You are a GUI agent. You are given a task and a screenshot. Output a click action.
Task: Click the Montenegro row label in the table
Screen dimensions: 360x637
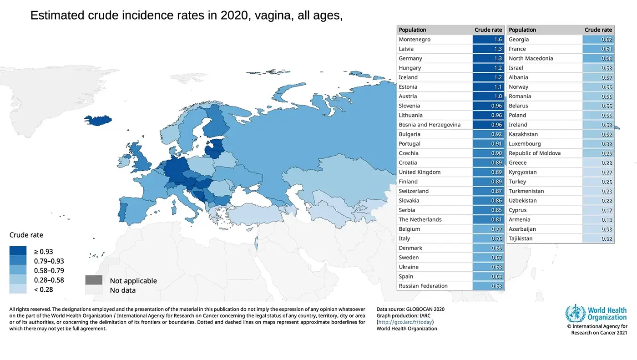[x=415, y=40]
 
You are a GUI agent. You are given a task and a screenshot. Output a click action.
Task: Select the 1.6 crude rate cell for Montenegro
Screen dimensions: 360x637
[x=488, y=40]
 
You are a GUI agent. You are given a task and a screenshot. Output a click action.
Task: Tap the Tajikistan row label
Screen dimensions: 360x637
[x=521, y=238]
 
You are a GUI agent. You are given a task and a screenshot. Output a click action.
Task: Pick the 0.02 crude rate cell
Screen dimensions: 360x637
[x=598, y=238]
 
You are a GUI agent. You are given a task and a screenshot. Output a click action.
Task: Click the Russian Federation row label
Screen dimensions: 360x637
[x=423, y=286]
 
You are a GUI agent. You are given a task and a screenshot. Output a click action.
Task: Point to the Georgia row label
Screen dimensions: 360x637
[x=519, y=40]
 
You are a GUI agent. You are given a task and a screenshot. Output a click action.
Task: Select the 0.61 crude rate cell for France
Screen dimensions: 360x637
[x=598, y=49]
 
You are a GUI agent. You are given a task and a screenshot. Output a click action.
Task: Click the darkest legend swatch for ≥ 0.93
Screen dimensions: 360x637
[x=18, y=251]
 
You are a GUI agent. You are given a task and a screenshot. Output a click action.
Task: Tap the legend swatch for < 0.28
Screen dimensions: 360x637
[x=18, y=289]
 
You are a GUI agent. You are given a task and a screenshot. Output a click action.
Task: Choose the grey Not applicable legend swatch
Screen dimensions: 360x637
[x=93, y=280]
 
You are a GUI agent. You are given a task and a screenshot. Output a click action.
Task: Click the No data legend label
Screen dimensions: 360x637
[x=123, y=290]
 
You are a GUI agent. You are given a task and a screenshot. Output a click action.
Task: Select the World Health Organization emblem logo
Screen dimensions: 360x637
[x=575, y=314]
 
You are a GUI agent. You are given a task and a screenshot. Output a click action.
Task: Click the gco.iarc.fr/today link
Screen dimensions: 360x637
[x=405, y=322]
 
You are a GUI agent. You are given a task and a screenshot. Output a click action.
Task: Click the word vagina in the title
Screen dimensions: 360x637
[x=274, y=15]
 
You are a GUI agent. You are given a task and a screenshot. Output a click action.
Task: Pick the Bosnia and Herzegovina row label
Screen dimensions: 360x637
[x=430, y=125]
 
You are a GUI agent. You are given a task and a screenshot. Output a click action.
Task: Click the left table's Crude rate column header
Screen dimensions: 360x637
[x=488, y=30]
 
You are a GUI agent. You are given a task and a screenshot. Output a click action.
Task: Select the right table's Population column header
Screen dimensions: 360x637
[x=522, y=30]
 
